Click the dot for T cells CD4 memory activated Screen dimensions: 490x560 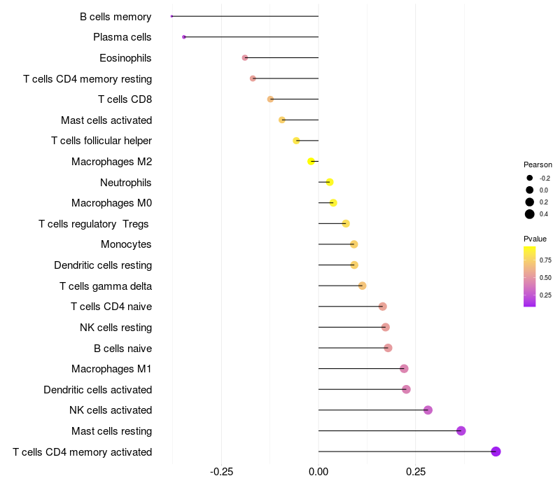496,451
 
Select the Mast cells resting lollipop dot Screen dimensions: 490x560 461,430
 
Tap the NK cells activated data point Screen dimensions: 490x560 428,410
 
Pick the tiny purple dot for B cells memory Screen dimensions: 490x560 171,16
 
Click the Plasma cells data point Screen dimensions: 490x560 183,37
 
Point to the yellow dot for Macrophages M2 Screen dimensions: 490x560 311,162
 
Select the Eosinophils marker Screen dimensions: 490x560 244,57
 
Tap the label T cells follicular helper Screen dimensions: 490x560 101,141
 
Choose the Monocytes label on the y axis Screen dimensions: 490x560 126,244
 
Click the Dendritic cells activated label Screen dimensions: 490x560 98,389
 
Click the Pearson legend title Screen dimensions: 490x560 538,164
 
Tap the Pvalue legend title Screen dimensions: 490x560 535,239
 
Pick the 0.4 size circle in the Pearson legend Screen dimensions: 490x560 530,214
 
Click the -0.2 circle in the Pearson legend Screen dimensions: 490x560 530,178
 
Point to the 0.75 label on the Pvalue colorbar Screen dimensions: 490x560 545,260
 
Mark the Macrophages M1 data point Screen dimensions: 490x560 404,369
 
